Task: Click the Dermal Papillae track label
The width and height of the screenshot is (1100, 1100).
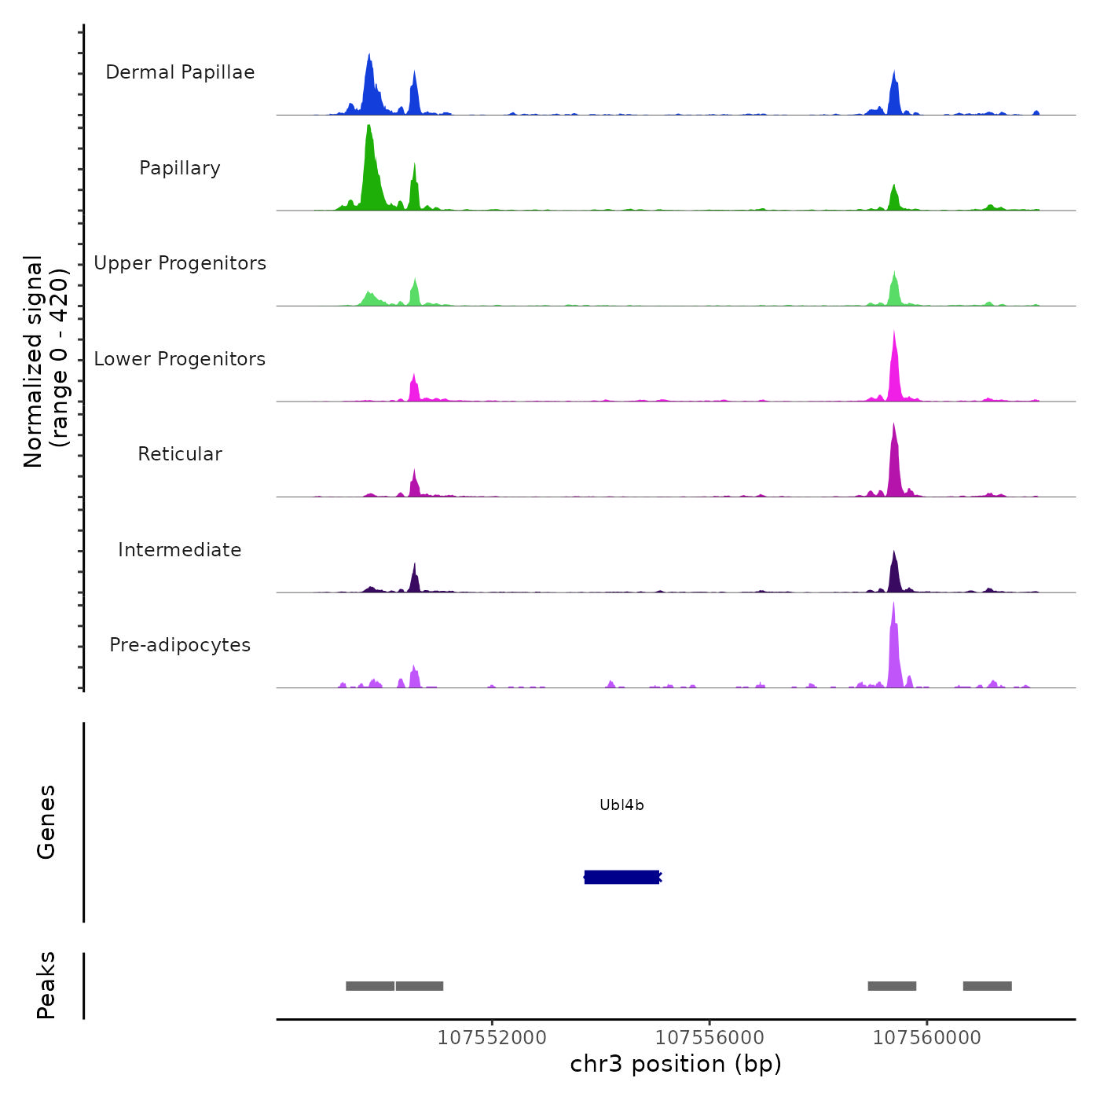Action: (x=180, y=72)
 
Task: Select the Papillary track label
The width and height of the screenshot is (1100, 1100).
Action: (x=180, y=168)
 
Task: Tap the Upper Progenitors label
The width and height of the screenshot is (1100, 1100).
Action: (x=180, y=263)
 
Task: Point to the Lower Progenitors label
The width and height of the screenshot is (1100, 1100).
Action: (x=180, y=359)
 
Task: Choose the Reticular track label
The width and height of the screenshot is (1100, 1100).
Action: (x=180, y=454)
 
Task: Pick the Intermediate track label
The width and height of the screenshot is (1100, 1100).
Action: (x=180, y=550)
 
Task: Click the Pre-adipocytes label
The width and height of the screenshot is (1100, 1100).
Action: (x=180, y=645)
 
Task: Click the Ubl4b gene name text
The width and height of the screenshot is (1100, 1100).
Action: (x=621, y=805)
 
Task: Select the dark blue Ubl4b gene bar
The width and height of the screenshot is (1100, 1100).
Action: (x=621, y=877)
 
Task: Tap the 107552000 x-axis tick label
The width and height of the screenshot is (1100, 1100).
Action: (x=492, y=1038)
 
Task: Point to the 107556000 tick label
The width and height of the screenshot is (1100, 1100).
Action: (x=709, y=1038)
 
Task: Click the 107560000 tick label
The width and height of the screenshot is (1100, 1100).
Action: (x=927, y=1038)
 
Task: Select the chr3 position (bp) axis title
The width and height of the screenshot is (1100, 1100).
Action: (x=676, y=1064)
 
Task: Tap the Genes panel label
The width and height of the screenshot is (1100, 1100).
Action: (x=46, y=822)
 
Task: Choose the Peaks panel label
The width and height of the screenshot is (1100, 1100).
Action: (x=46, y=985)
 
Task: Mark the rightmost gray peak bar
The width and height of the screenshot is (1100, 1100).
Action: (x=987, y=986)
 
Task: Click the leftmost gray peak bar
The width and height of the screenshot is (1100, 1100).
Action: (x=370, y=986)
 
